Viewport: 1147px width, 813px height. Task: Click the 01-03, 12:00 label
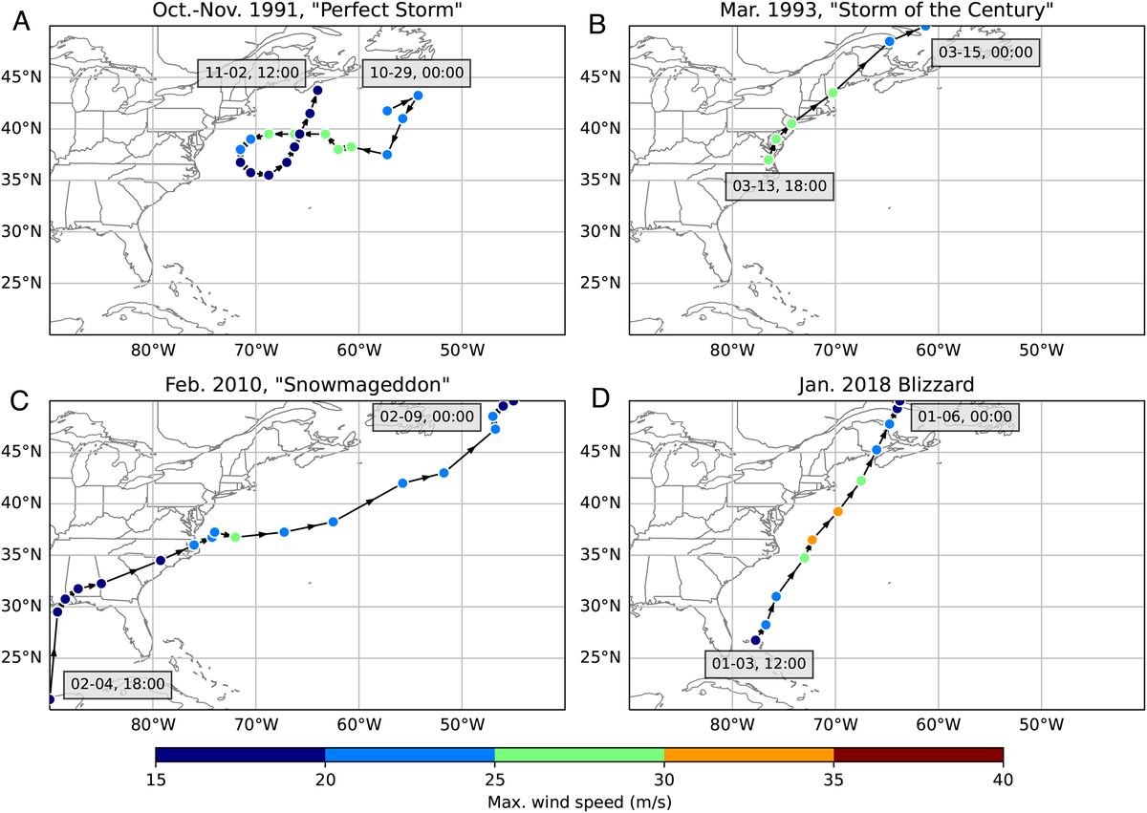click(x=759, y=663)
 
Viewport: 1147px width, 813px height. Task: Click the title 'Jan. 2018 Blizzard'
click(x=885, y=384)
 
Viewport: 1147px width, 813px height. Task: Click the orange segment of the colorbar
click(x=748, y=756)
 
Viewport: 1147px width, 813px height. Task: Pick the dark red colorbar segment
click(x=918, y=756)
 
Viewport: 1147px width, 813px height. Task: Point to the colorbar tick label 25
click(x=494, y=779)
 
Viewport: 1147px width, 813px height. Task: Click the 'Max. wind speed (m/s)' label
click(x=578, y=801)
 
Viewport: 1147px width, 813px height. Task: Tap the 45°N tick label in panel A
click(x=24, y=77)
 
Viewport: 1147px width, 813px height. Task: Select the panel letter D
click(x=601, y=398)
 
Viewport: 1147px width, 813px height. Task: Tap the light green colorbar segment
click(x=578, y=756)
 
